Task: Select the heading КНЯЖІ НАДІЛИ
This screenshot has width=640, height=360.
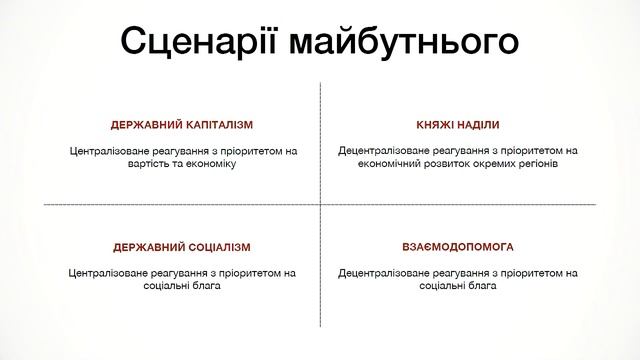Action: [x=457, y=125]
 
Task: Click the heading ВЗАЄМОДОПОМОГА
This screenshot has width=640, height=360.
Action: [x=457, y=246]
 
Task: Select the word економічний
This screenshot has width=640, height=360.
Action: [x=384, y=163]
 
